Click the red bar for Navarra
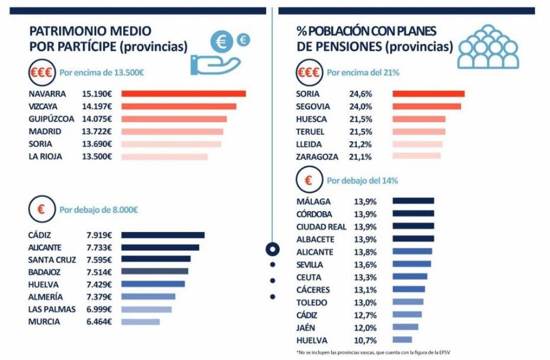coord(183,94)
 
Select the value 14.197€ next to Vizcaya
coord(100,106)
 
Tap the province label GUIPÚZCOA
coord(52,119)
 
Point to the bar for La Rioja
coord(164,157)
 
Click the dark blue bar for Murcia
coord(140,321)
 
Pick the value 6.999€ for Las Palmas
coord(100,309)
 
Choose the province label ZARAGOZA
coord(317,157)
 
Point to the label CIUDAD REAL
coord(321,227)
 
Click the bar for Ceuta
coord(410,276)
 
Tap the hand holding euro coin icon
coord(217,53)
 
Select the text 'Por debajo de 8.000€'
coord(99,210)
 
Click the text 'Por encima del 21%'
coord(363,72)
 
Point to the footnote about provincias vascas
coord(373,352)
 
